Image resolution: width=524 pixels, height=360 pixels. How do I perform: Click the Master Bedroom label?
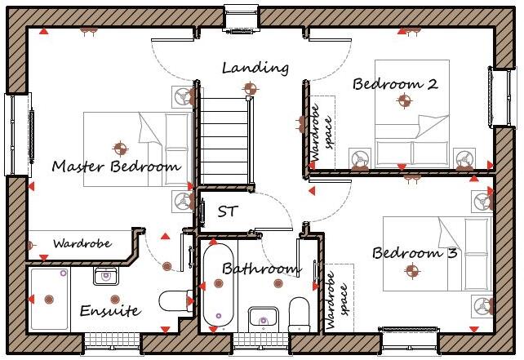pyautogui.click(x=115, y=167)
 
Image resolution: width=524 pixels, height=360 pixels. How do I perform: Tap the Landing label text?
pyautogui.click(x=255, y=68)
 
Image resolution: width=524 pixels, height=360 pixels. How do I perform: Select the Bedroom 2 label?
pyautogui.click(x=395, y=83)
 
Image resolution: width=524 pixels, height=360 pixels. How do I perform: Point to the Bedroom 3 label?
pyautogui.click(x=415, y=252)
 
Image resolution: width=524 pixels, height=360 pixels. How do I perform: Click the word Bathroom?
pyautogui.click(x=261, y=269)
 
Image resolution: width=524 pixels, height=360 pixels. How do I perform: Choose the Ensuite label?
pyautogui.click(x=110, y=311)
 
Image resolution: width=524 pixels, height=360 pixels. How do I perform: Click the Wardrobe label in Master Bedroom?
pyautogui.click(x=82, y=243)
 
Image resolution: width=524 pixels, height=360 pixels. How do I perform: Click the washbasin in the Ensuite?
pyautogui.click(x=105, y=276)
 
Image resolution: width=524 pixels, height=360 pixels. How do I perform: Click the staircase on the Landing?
pyautogui.click(x=224, y=139)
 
